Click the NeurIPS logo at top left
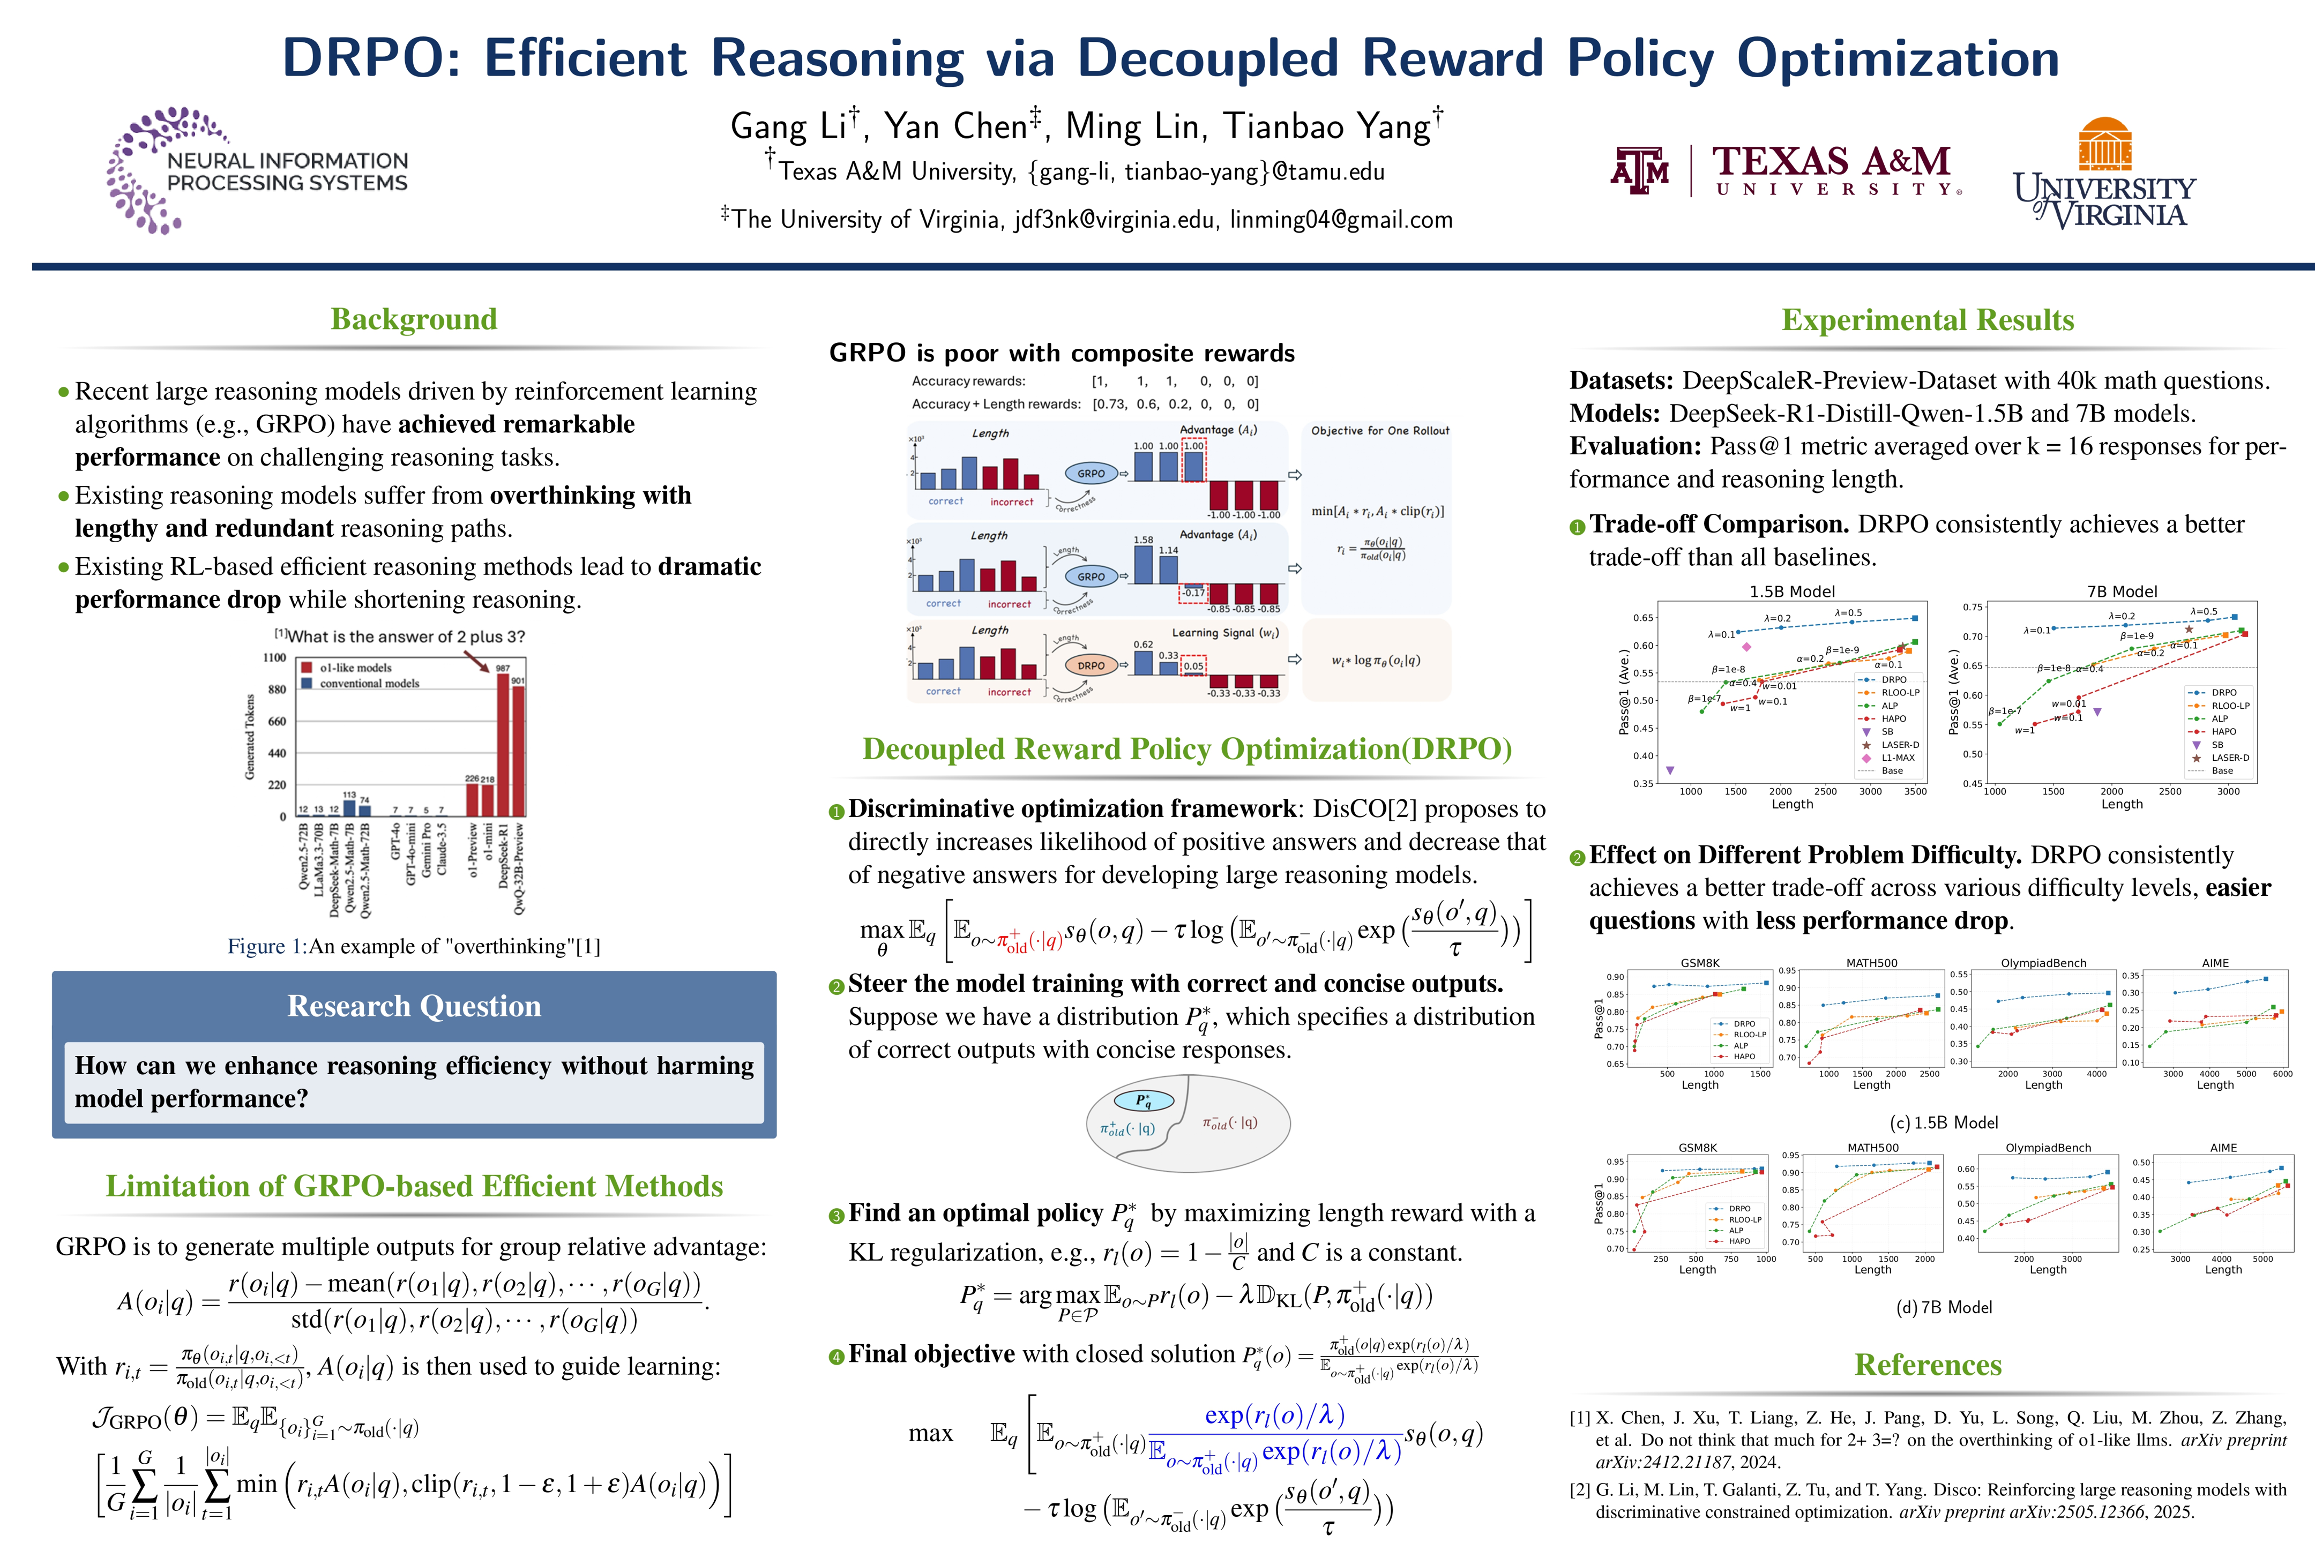point(257,169)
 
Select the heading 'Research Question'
point(413,1006)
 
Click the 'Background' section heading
point(413,319)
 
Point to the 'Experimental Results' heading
point(1927,320)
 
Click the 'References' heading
point(1927,1365)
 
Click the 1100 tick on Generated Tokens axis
point(274,657)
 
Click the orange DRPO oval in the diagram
point(1091,665)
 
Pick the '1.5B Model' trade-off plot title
point(1791,591)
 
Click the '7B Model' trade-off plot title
point(2121,591)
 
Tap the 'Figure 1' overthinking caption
point(413,947)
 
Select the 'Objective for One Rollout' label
point(1379,431)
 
